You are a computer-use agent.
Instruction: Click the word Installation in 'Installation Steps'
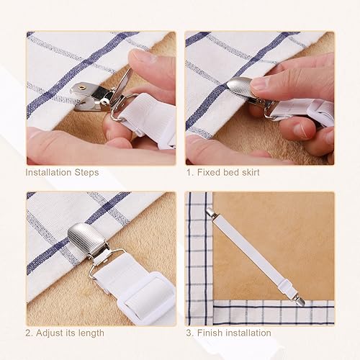click(x=48, y=172)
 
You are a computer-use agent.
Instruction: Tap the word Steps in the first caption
click(x=86, y=173)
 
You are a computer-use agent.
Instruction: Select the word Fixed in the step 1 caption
click(x=208, y=172)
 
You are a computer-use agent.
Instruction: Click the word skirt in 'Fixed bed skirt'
click(x=251, y=172)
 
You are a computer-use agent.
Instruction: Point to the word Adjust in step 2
click(x=50, y=333)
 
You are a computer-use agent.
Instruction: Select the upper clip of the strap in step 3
click(x=210, y=212)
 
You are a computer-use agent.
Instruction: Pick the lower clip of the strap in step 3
click(x=300, y=301)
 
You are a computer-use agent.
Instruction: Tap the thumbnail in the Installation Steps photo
click(x=142, y=56)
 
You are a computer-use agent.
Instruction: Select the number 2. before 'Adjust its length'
click(x=29, y=333)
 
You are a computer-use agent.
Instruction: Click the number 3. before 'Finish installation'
click(x=189, y=333)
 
